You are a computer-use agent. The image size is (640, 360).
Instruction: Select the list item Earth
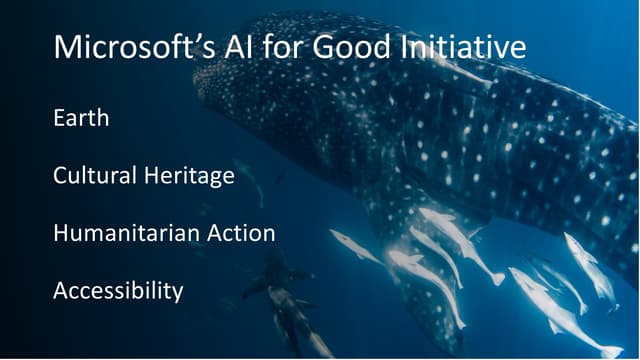[x=81, y=118]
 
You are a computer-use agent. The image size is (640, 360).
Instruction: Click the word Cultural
[x=95, y=176]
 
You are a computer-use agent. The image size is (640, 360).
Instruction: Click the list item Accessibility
[x=118, y=292]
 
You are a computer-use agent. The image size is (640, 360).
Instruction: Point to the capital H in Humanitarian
[x=60, y=234]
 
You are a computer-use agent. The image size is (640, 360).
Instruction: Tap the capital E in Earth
[x=59, y=118]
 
